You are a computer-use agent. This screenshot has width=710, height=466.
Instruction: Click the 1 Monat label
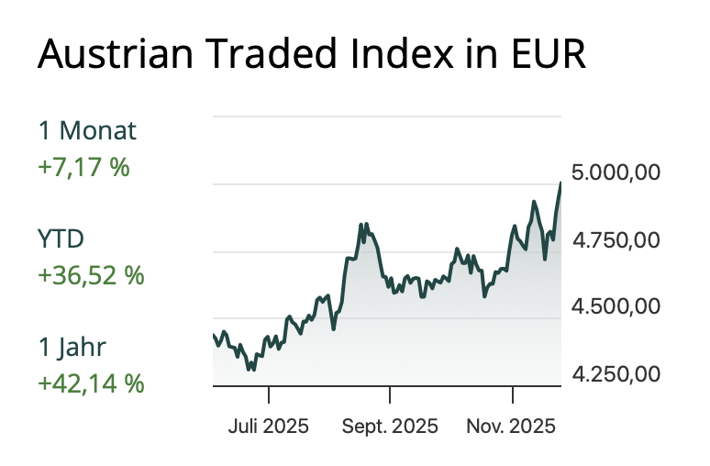(87, 131)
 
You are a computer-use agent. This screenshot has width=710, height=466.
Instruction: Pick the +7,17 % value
(83, 168)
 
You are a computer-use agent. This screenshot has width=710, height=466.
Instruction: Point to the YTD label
(61, 239)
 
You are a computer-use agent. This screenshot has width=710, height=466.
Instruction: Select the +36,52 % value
(91, 275)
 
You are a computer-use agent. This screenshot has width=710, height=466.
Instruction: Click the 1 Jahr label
(72, 347)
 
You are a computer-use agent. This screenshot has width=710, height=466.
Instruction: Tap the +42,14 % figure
(91, 383)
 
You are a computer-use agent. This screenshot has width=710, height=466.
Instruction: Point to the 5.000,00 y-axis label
(615, 172)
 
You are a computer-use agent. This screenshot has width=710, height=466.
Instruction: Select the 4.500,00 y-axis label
(615, 306)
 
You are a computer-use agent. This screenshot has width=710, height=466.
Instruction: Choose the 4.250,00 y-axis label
(615, 374)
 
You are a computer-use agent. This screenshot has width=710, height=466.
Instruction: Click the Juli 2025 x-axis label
(269, 427)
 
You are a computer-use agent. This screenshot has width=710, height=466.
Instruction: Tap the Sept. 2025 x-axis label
(390, 427)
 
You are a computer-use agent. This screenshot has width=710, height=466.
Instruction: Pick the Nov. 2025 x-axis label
(512, 427)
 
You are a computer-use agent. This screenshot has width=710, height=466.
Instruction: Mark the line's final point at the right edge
(560, 183)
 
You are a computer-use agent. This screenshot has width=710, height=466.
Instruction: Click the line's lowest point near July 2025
(250, 370)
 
